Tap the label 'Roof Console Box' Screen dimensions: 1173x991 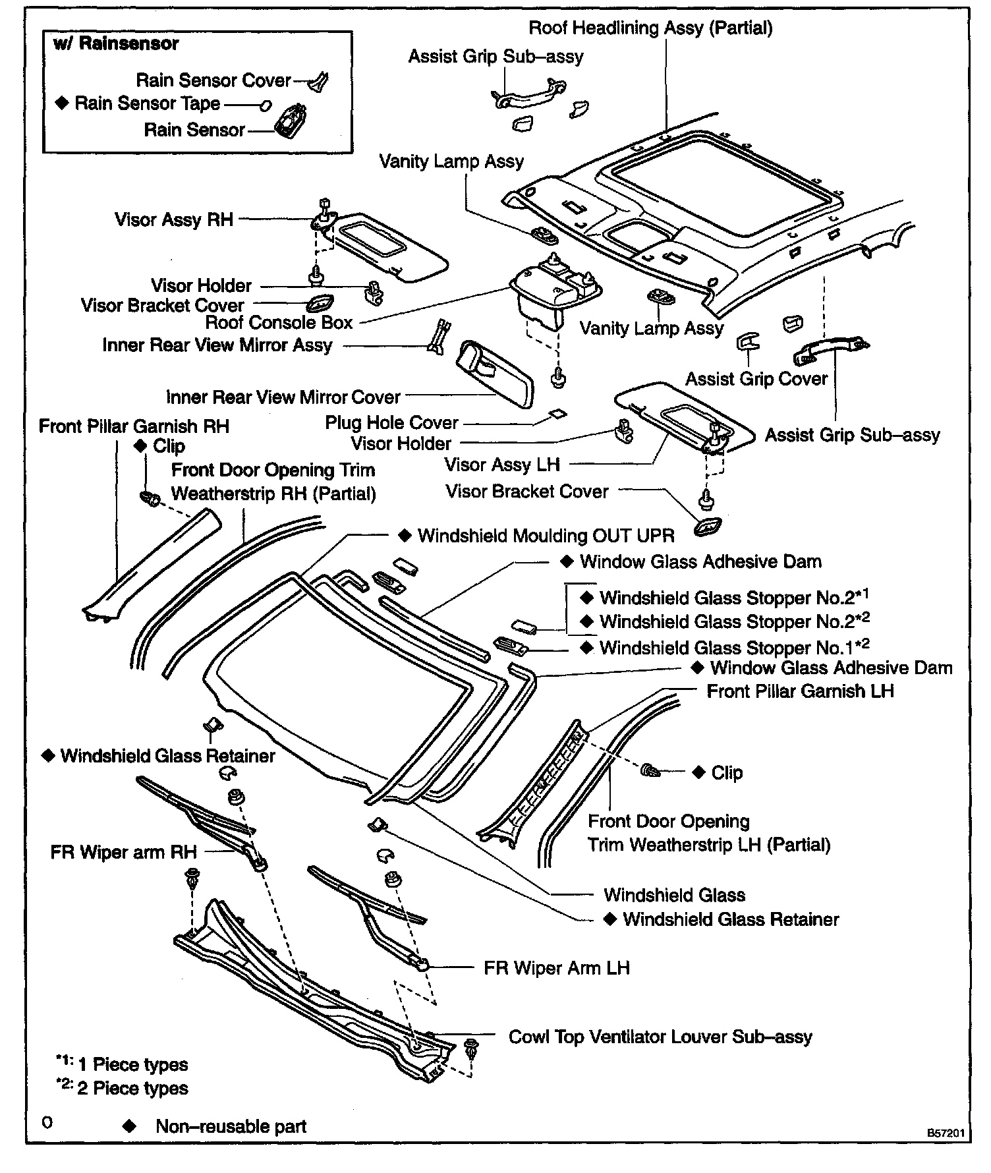point(279,323)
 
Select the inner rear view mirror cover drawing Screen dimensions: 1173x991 point(495,372)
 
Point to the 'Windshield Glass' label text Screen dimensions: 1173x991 point(674,895)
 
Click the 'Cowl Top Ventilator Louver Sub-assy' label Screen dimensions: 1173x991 point(660,1037)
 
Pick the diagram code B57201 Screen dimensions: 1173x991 point(946,1133)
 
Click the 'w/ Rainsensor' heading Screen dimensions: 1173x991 point(116,44)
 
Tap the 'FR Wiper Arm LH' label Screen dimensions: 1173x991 point(557,968)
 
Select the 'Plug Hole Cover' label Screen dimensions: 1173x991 point(391,422)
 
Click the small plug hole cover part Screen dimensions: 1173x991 point(557,415)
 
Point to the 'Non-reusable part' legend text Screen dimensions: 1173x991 point(231,1126)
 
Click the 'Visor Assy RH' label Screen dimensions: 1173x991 point(174,219)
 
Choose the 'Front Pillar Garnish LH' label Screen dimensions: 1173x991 point(800,691)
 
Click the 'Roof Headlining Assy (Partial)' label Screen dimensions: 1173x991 point(651,28)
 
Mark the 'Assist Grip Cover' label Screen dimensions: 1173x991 point(756,379)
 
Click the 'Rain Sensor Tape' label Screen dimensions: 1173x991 point(147,104)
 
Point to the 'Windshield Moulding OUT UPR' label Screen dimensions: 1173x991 point(546,536)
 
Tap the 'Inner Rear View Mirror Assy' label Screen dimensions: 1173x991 point(217,345)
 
